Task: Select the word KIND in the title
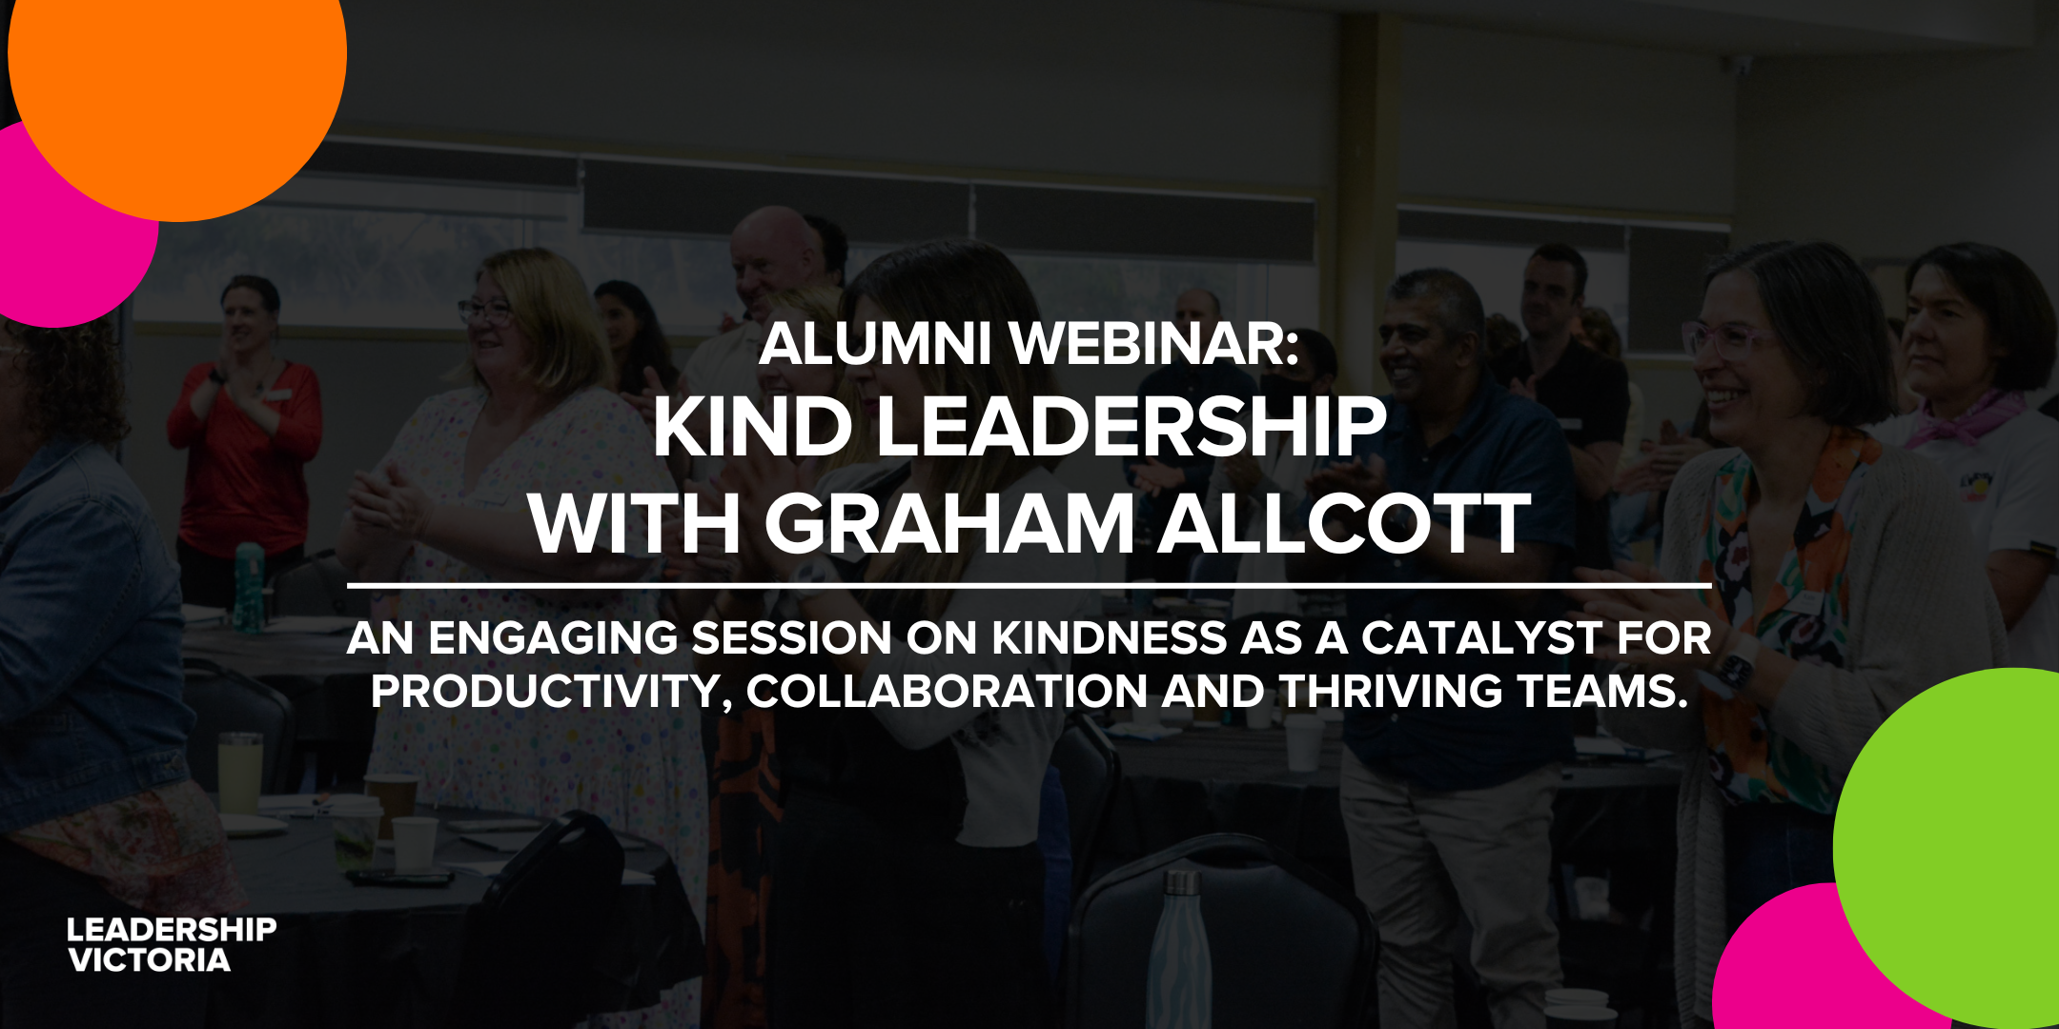753,427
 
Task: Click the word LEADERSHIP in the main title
1131,427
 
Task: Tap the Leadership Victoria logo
172,945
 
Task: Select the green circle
1949,848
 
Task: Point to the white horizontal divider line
1029,585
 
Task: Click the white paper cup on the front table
415,844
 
